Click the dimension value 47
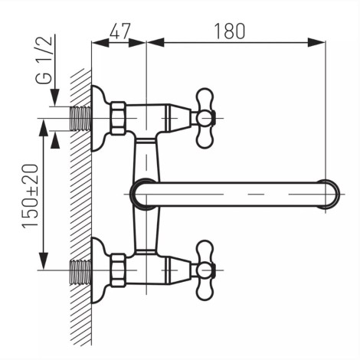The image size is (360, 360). pyautogui.click(x=120, y=31)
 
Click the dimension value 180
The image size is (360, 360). pyautogui.click(x=230, y=31)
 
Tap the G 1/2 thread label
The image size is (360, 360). pyautogui.click(x=44, y=61)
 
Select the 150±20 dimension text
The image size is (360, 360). pyautogui.click(x=31, y=196)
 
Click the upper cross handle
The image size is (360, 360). pyautogui.click(x=205, y=118)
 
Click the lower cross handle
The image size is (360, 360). pyautogui.click(x=205, y=270)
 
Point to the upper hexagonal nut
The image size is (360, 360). pyautogui.click(x=119, y=118)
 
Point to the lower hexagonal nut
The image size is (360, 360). pyautogui.click(x=119, y=270)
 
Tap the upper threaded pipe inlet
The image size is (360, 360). pyautogui.click(x=80, y=119)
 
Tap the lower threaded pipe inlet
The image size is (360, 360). pyautogui.click(x=80, y=272)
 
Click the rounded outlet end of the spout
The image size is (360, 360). pyautogui.click(x=330, y=194)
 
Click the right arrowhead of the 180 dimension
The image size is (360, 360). pyautogui.click(x=316, y=42)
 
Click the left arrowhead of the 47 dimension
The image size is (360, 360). pyautogui.click(x=100, y=42)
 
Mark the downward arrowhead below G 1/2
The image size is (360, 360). pyautogui.click(x=55, y=97)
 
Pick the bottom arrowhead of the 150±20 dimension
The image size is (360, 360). pyautogui.click(x=44, y=261)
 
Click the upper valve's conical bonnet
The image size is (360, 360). pyautogui.click(x=178, y=118)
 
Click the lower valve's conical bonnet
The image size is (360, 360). pyautogui.click(x=178, y=270)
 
